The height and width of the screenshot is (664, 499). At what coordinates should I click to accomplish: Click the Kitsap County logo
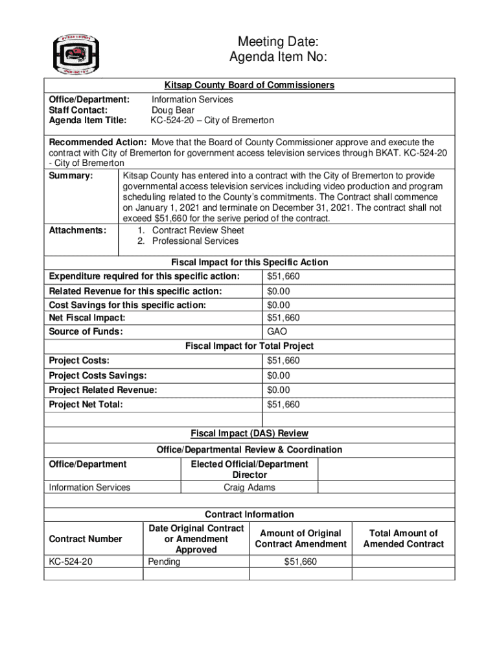tap(76, 53)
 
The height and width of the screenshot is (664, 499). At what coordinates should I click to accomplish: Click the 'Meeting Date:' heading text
tap(277, 43)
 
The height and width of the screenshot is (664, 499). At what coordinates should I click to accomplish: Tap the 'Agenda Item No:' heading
tap(278, 58)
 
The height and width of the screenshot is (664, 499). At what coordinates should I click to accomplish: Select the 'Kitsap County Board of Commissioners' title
tap(250, 86)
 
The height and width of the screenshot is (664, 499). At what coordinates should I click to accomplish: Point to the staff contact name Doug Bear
tap(173, 110)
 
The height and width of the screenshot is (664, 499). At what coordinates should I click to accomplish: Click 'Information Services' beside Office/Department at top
tap(192, 99)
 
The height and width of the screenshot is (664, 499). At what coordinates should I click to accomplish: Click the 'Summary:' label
tap(71, 176)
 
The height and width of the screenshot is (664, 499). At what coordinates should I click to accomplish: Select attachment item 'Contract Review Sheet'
tap(198, 230)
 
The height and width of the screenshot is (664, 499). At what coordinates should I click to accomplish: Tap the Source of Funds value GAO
tap(277, 332)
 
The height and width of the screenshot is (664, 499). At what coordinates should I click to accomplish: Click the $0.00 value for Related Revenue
tap(279, 292)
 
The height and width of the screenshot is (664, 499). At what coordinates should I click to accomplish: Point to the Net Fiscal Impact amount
tap(283, 318)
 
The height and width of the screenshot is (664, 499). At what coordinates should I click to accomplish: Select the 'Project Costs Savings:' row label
tap(98, 375)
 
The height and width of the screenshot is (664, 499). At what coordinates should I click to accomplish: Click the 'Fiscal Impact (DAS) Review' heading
tap(250, 433)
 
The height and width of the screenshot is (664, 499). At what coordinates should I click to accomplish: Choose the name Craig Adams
tap(250, 488)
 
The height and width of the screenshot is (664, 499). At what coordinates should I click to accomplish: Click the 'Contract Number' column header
tap(86, 539)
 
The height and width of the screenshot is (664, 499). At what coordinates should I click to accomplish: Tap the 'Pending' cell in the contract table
tap(164, 562)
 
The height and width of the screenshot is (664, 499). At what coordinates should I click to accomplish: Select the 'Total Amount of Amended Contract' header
tap(403, 539)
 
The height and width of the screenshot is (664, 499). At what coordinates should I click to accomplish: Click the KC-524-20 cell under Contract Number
tap(71, 562)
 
